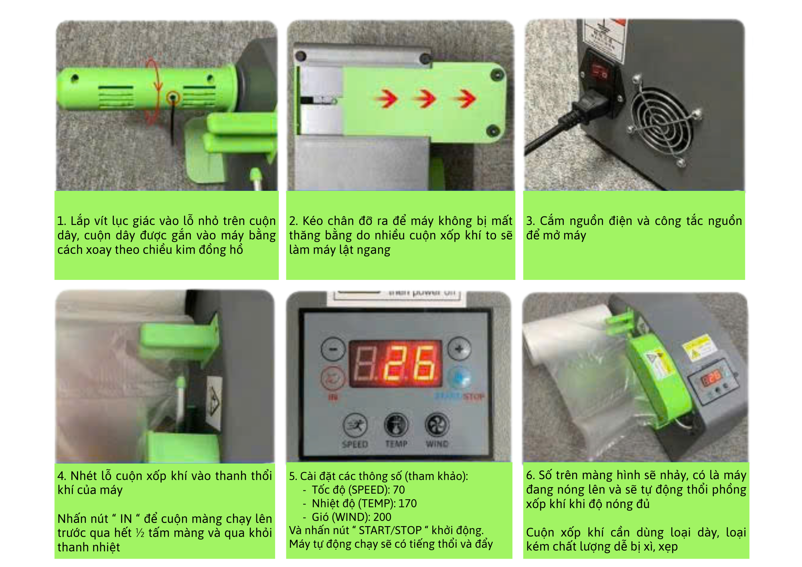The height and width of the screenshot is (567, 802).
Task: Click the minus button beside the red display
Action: [x=333, y=349]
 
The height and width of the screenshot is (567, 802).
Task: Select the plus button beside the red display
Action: [x=460, y=349]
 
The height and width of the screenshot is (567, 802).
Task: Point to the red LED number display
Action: [x=395, y=364]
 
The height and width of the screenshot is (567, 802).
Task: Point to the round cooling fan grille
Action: [x=662, y=120]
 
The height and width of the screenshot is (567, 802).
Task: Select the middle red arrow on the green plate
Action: [x=426, y=98]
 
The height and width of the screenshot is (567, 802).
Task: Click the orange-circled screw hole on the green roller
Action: [x=173, y=97]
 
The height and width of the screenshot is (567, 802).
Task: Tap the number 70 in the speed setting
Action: [x=399, y=490]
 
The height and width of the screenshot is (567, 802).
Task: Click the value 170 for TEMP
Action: [x=408, y=503]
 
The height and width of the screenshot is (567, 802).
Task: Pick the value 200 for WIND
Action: [x=382, y=517]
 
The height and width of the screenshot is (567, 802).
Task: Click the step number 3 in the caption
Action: [x=531, y=221]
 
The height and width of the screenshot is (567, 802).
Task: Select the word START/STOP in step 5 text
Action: [x=390, y=531]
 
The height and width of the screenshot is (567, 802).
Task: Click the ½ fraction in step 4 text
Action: [x=140, y=533]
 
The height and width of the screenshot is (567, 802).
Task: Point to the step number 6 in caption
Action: [x=530, y=475]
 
